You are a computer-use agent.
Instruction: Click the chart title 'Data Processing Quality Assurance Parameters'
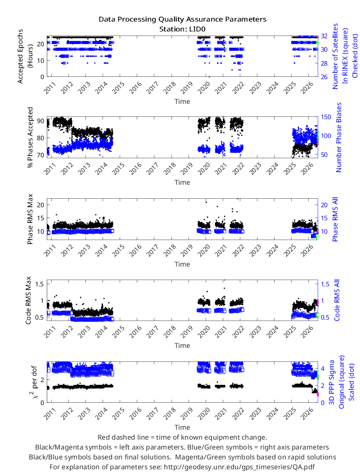coord(183,19)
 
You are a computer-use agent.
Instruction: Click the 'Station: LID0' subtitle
coord(183,29)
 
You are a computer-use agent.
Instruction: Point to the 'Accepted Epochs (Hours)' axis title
coord(25,56)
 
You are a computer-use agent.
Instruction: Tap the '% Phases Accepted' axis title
coord(30,137)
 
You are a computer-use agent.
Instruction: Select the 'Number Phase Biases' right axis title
coord(339,137)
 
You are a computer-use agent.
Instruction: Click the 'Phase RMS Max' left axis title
coord(30,219)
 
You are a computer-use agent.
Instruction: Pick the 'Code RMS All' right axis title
coord(337,300)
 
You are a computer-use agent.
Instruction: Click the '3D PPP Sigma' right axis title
coord(332,382)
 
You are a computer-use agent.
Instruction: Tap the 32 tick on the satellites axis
coord(324,36)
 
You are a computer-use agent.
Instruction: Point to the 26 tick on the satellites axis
coord(324,77)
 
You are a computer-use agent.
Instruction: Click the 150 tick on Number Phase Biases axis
coord(326,117)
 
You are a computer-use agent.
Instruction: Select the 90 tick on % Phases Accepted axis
coord(40,121)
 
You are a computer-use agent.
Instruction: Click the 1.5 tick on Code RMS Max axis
coord(40,284)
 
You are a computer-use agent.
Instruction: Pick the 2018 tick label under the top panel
coord(170,88)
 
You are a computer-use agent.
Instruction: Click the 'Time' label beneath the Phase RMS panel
coord(182,264)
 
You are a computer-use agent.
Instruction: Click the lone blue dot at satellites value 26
coord(209,77)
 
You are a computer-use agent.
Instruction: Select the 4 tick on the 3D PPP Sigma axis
coord(323,369)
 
